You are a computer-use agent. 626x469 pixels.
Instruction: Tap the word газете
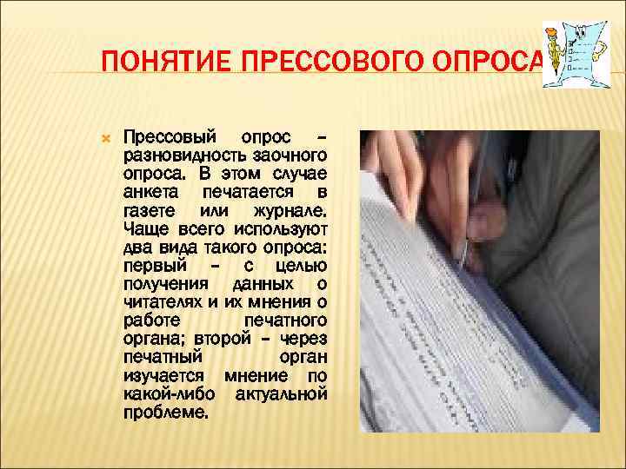[x=150, y=211]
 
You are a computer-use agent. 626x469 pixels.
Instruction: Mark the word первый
[x=151, y=265]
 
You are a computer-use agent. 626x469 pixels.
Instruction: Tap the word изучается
[x=164, y=376]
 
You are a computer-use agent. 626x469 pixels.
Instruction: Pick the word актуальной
[x=282, y=394]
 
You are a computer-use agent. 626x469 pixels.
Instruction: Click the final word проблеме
[x=166, y=413]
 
